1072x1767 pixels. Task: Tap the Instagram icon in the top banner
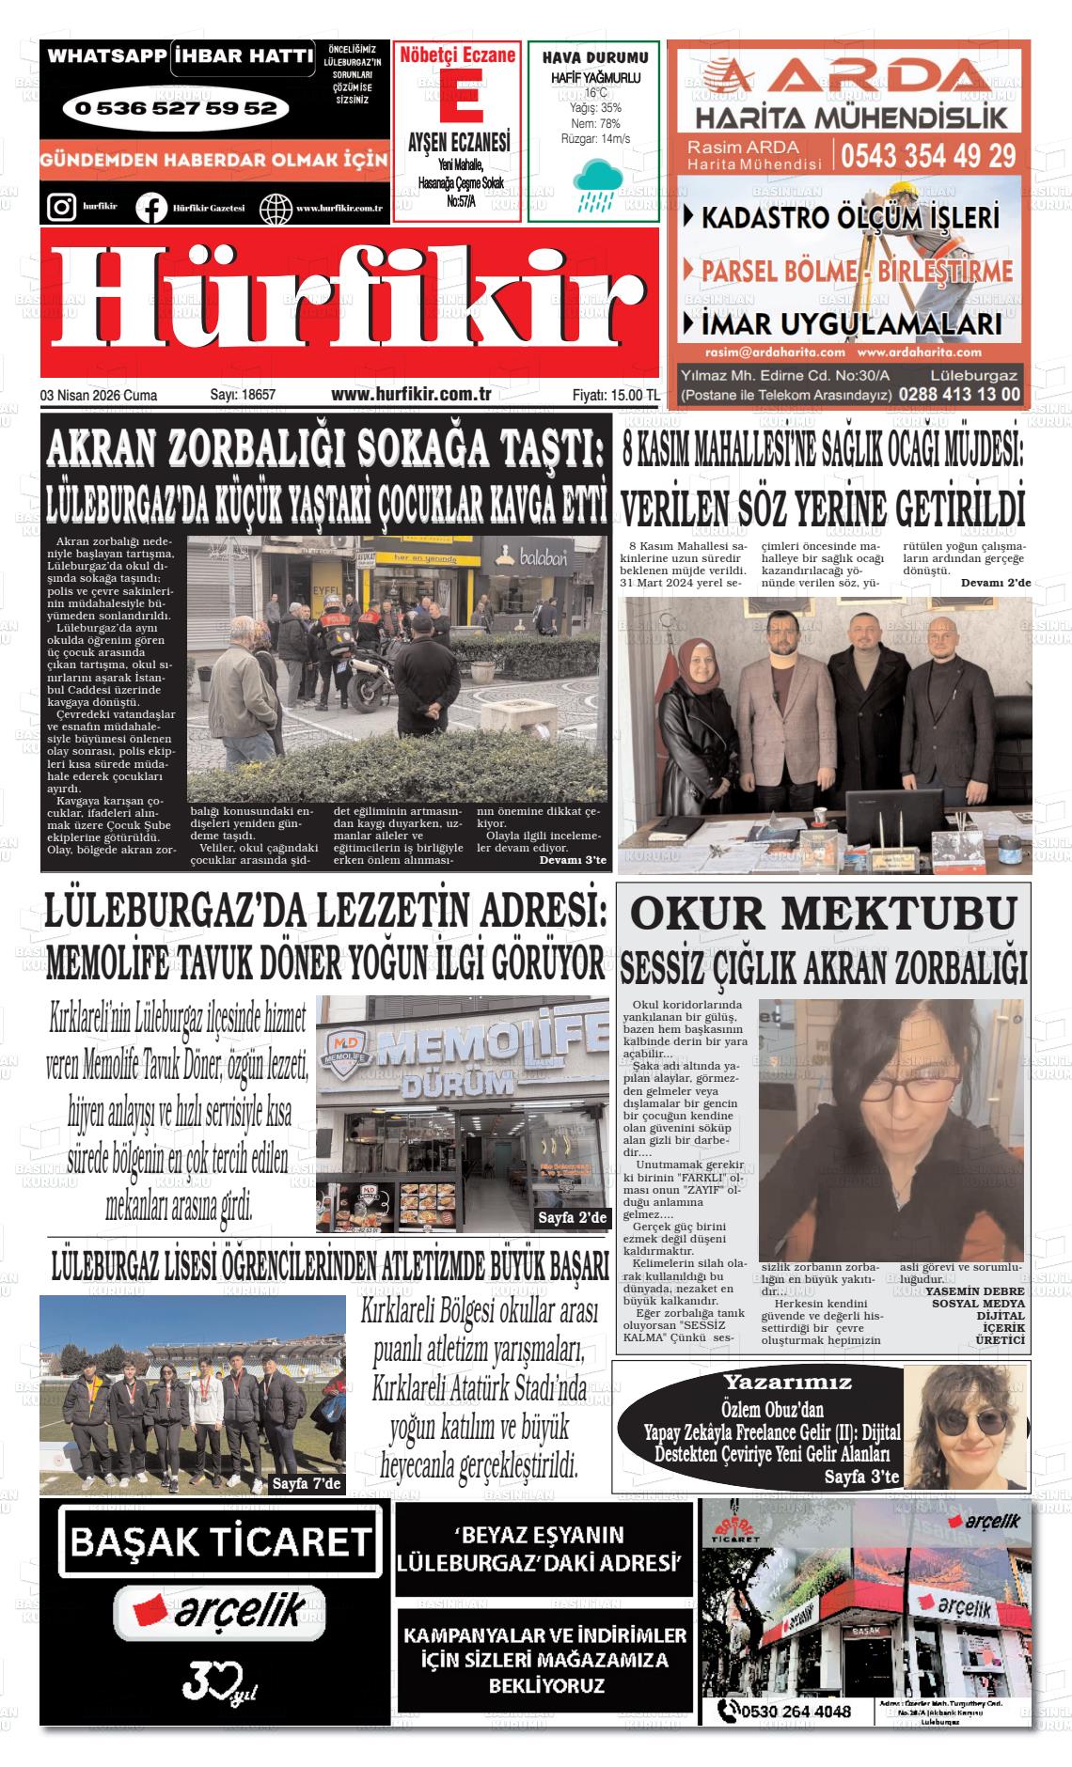tap(61, 207)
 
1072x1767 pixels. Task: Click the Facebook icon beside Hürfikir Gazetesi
tap(151, 208)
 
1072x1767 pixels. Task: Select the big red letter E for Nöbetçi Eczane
tap(457, 95)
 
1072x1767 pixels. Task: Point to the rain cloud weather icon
tap(593, 183)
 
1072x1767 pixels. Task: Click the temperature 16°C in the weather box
tap(595, 93)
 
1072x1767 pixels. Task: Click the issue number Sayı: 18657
tap(243, 396)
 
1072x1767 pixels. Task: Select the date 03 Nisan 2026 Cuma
tap(99, 396)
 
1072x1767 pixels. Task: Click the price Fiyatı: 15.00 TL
tap(615, 396)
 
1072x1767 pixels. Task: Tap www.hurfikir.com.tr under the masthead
tap(412, 396)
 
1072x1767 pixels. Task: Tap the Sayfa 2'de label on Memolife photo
tap(573, 1218)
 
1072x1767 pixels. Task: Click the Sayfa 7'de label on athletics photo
tap(306, 1484)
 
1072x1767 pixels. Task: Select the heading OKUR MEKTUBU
tap(823, 913)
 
